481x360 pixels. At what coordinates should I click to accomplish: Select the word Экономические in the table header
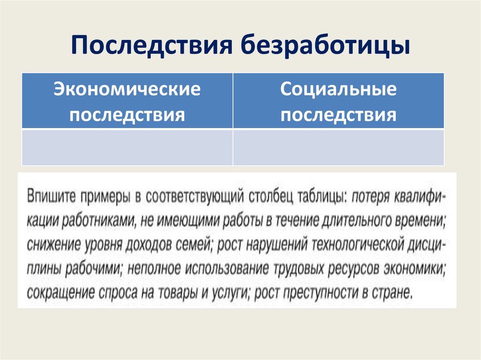tap(127, 89)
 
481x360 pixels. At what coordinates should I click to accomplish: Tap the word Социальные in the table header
tap(338, 89)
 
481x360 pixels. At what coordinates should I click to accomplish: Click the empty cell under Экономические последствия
tap(127, 147)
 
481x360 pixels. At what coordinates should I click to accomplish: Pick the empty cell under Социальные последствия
tap(338, 147)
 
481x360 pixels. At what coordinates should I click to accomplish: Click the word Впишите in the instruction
tap(51, 196)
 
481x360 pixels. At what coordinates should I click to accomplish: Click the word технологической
tap(359, 245)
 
